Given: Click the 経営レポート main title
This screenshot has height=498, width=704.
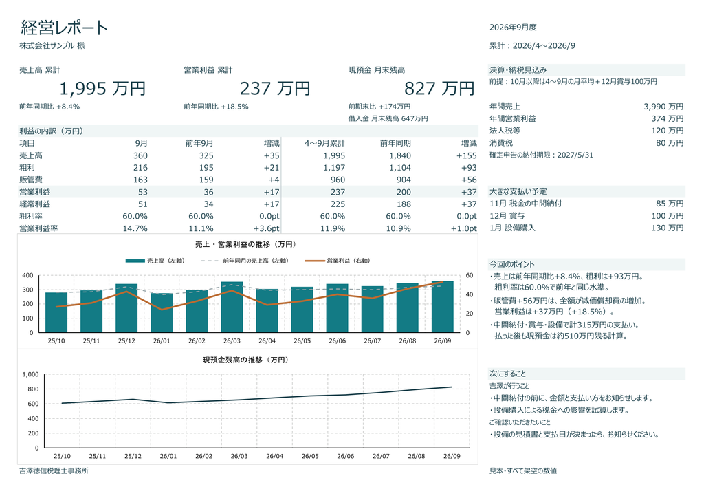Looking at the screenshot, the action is pos(64,28).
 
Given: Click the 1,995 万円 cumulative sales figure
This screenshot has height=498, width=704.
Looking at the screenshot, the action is pos(102,89).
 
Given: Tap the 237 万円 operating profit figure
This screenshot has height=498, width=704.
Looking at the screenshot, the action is pos(275,89).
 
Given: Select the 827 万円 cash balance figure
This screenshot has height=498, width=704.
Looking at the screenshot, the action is pos(439,89).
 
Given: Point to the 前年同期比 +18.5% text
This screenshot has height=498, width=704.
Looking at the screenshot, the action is pos(216,107).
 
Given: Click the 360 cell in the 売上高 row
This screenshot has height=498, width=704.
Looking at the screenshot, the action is pos(140,155).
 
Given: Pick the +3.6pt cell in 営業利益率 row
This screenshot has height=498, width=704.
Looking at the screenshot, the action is pos(266,228).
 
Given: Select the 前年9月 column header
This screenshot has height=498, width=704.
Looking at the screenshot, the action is pos(199,143).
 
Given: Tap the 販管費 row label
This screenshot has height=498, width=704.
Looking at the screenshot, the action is pos(30,180).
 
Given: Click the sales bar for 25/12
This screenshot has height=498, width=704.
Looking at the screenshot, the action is pos(126,308).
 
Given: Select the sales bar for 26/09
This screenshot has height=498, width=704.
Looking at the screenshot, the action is pos(443,307).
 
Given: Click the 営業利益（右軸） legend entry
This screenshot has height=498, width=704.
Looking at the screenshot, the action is pos(337,261).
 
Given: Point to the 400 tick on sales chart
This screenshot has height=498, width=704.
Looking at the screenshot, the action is pos(27,275).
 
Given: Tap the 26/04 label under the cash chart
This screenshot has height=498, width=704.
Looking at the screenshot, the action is pos(275,456).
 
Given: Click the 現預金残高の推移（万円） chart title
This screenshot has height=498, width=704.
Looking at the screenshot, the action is pos(245,360).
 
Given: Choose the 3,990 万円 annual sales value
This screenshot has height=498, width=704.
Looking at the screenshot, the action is pos(663,107).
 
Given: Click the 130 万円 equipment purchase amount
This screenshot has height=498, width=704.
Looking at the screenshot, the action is pos(667,228).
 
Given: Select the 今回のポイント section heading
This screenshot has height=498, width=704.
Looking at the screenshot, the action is pos(511,264).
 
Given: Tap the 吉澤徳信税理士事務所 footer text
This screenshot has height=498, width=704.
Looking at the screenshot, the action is pos(54,470).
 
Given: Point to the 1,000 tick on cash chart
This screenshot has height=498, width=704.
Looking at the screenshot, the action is pos(30,374).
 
